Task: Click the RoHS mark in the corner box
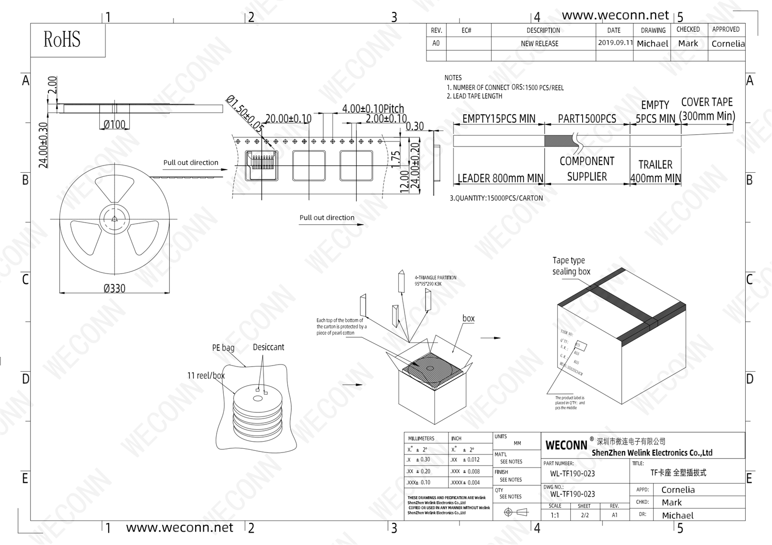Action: pos(62,40)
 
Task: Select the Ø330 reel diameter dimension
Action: pos(114,288)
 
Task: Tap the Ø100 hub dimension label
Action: pos(114,124)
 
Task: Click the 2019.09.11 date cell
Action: pos(615,43)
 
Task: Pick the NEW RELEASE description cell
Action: pos(539,44)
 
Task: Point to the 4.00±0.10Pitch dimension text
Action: pos(373,108)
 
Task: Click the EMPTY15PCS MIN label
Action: pos(498,119)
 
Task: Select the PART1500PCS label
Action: pos(587,119)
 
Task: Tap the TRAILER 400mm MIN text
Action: pos(655,171)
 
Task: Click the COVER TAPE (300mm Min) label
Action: pos(707,109)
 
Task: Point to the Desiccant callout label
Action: pos(268,348)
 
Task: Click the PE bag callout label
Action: pos(223,348)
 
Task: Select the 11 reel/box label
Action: pos(206,376)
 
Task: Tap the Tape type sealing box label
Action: pos(571,266)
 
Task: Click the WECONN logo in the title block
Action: pos(566,445)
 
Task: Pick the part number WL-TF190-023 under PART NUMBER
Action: pos(572,474)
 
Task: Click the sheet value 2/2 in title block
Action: pos(585,515)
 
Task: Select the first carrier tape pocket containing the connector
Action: pos(261,166)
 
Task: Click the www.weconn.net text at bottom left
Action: pos(179,528)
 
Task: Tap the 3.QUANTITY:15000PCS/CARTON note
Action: pos(496,198)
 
